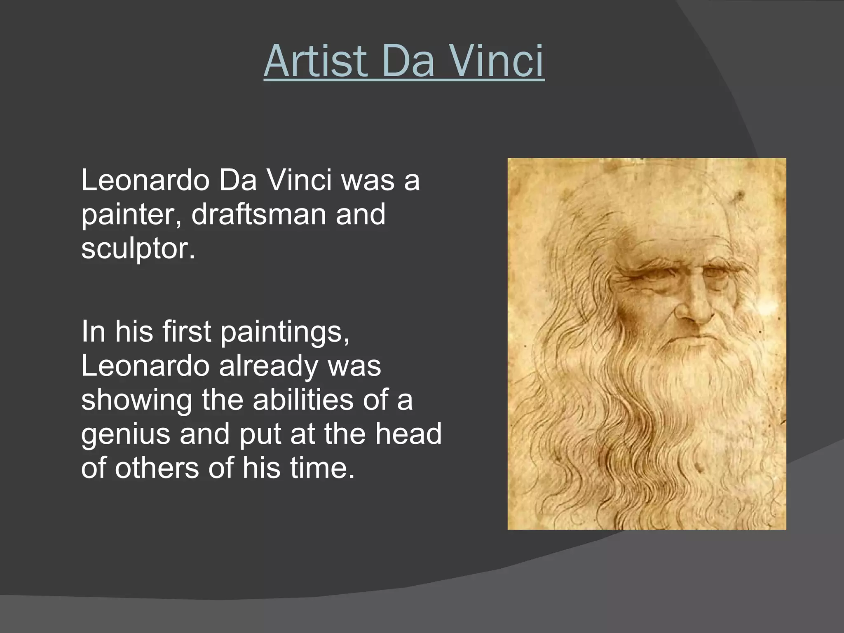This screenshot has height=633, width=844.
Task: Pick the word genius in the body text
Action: coord(125,434)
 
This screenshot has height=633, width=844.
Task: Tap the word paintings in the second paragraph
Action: coord(284,332)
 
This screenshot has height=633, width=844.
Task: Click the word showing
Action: coord(136,400)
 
